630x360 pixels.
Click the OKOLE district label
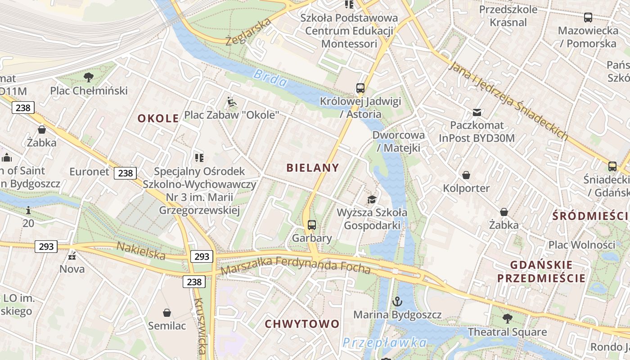158,118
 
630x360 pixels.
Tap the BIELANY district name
313,168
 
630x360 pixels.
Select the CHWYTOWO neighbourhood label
302,324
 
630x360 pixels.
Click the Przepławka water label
385,342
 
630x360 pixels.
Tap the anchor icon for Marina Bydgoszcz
397,301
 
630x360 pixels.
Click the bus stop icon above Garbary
312,225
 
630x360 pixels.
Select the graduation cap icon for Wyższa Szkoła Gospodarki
372,199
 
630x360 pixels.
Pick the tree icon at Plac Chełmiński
89,77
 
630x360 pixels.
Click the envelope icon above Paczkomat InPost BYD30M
477,112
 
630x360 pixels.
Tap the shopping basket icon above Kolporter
466,175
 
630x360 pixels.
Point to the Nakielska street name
141,250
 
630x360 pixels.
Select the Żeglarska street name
248,32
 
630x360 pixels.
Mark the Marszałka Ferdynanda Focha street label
296,265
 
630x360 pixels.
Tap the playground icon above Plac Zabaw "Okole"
232,102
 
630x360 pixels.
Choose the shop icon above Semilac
167,313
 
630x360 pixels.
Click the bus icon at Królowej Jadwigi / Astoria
360,88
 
